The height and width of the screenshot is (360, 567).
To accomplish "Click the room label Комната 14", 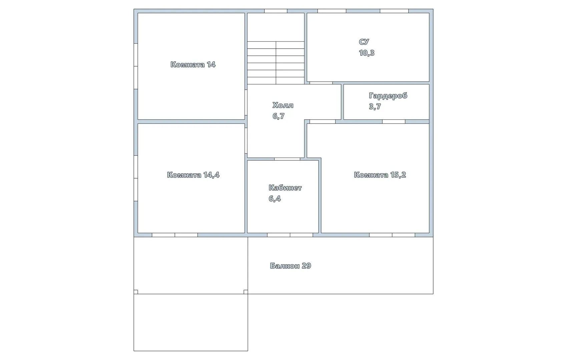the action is click(x=193, y=65).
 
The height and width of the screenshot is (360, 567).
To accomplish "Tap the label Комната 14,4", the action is click(x=193, y=175).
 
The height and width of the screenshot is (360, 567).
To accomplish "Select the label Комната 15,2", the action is click(x=380, y=175).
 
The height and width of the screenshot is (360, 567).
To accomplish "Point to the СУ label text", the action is click(x=364, y=42).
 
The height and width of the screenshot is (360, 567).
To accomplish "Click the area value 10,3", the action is click(x=367, y=53).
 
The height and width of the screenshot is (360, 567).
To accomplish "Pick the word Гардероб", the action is click(x=388, y=96).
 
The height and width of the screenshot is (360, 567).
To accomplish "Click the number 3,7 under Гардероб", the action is click(x=375, y=107).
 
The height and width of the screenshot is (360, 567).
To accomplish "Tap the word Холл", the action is click(x=283, y=105).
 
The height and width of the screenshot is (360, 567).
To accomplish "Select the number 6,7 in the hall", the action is click(x=278, y=116).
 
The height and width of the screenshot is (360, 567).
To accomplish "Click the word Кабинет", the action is click(x=285, y=188).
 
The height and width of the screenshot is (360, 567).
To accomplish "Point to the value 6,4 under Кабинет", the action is click(x=274, y=199).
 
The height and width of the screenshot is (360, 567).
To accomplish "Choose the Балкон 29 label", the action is click(x=290, y=266).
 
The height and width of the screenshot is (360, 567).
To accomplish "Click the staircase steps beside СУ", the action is click(x=275, y=63).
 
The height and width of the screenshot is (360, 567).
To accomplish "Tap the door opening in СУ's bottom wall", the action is click(x=321, y=83).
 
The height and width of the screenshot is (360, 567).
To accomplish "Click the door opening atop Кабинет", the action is click(x=287, y=159).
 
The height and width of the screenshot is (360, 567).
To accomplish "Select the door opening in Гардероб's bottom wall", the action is click(x=394, y=122).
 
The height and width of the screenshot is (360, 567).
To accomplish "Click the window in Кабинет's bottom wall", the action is click(x=290, y=235).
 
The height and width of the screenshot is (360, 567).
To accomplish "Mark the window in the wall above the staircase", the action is click(x=275, y=11).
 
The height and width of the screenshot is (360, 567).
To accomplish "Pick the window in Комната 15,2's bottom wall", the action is click(x=392, y=235).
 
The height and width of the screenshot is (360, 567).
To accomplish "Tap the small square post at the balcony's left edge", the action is click(x=136, y=292).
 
